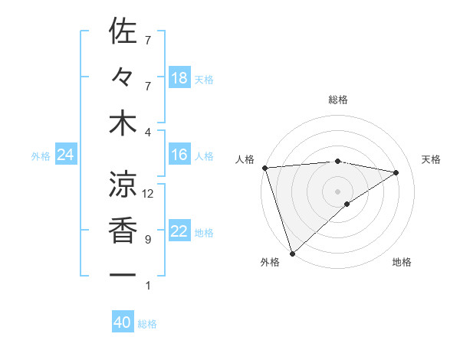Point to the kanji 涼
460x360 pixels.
[123, 183]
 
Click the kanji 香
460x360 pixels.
[123, 230]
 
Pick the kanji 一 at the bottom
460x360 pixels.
[123, 275]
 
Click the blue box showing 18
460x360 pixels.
[179, 78]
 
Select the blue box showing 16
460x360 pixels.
[179, 155]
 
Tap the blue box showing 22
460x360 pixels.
[179, 232]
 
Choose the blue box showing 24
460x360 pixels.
[65, 155]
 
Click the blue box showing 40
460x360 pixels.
[123, 323]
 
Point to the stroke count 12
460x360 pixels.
[148, 194]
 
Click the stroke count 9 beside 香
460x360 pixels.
[147, 240]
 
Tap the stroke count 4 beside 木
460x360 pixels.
[147, 132]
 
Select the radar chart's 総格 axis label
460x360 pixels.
[338, 100]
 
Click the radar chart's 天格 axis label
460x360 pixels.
[432, 159]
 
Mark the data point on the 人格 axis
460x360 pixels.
[264, 168]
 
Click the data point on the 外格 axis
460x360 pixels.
[292, 253]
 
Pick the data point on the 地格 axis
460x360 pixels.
[347, 204]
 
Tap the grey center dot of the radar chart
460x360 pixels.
[338, 191]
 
